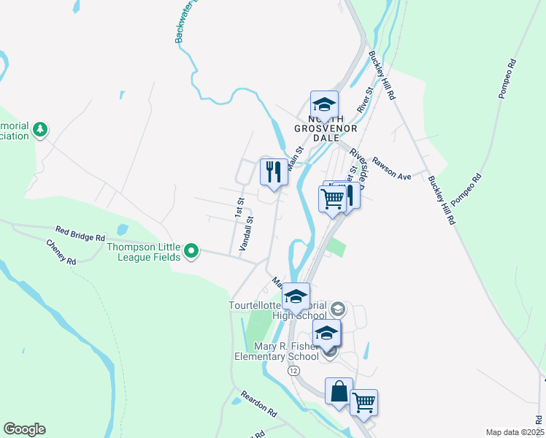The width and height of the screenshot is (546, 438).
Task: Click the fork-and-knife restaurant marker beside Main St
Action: (x=274, y=172)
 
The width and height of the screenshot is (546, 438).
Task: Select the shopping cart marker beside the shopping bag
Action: (x=364, y=401)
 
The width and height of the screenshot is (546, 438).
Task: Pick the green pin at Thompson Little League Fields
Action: (x=191, y=252)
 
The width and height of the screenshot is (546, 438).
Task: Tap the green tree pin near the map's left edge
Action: (x=41, y=130)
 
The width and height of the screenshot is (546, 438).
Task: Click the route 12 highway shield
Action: (x=293, y=371)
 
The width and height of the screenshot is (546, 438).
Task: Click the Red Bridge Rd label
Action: (x=80, y=237)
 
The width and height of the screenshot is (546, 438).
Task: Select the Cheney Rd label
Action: (x=61, y=252)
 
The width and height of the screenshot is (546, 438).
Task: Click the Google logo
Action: (x=24, y=429)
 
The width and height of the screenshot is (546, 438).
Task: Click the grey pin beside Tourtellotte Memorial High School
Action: (x=338, y=308)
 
